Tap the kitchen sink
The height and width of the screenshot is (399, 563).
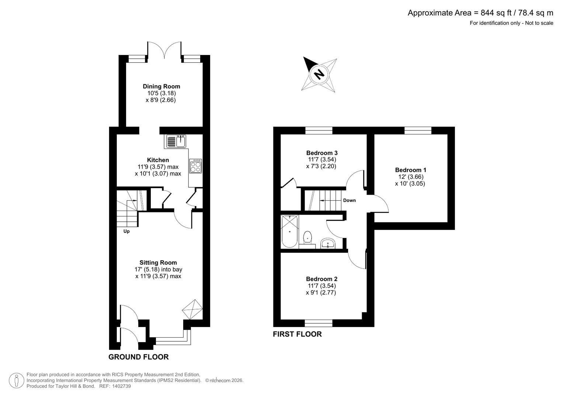click(176, 141)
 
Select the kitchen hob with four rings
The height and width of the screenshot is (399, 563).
click(195, 166)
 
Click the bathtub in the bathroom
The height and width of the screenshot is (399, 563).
click(289, 232)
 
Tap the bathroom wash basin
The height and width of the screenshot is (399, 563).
click(328, 243)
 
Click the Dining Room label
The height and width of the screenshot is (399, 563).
click(161, 86)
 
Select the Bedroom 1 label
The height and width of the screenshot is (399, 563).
click(410, 170)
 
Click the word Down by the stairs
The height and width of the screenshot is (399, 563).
click(349, 200)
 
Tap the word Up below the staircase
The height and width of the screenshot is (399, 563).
click(126, 231)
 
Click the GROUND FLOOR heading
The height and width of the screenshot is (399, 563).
click(138, 357)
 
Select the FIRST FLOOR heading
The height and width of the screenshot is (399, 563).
click(297, 334)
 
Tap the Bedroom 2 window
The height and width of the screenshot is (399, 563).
click(319, 323)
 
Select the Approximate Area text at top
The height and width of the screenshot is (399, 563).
click(480, 13)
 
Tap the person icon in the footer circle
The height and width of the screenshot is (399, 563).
click(17, 381)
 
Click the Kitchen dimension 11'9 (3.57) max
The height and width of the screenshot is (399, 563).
click(158, 167)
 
